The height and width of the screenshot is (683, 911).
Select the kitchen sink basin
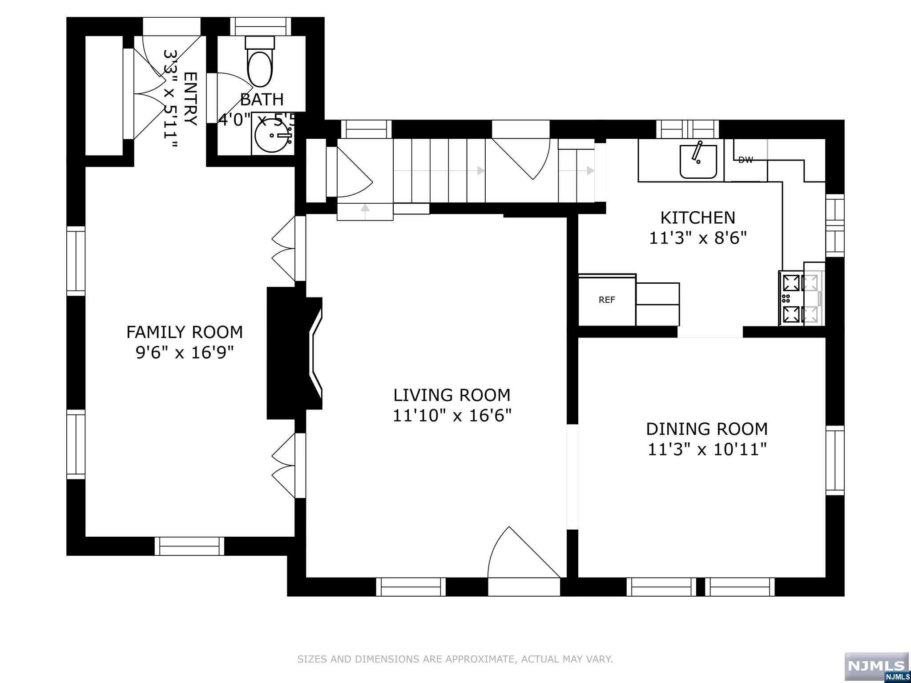coord(698,161)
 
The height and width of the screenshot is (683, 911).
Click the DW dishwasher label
coord(746,160)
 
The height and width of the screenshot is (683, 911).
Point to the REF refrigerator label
coord(607,300)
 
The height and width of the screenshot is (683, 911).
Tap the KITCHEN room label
coord(697,218)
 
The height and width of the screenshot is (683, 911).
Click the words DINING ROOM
coord(707,429)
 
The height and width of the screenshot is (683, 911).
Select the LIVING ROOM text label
coord(451,395)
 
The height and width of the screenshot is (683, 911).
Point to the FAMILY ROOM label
coord(185,332)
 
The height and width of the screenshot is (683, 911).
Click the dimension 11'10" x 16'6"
coord(452,416)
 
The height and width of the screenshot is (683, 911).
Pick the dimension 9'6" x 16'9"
coord(185,353)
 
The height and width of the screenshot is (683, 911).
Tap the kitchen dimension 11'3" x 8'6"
coord(697,239)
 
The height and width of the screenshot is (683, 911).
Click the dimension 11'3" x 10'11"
coord(707,450)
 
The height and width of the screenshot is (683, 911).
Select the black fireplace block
coord(294,353)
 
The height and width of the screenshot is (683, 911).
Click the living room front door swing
coord(524,553)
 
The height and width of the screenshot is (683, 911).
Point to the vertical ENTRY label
coord(190,99)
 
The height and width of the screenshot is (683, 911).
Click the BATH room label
coord(262,99)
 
